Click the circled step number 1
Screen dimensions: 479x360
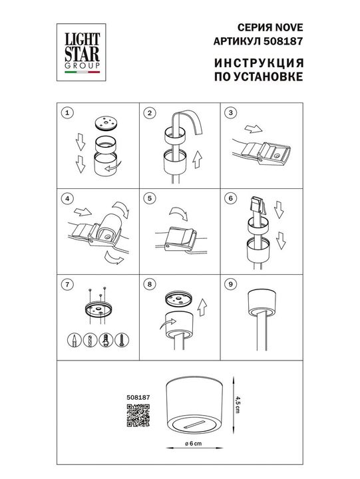pyautogui.click(x=65, y=113)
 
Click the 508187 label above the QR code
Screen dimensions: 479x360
pyautogui.click(x=137, y=398)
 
